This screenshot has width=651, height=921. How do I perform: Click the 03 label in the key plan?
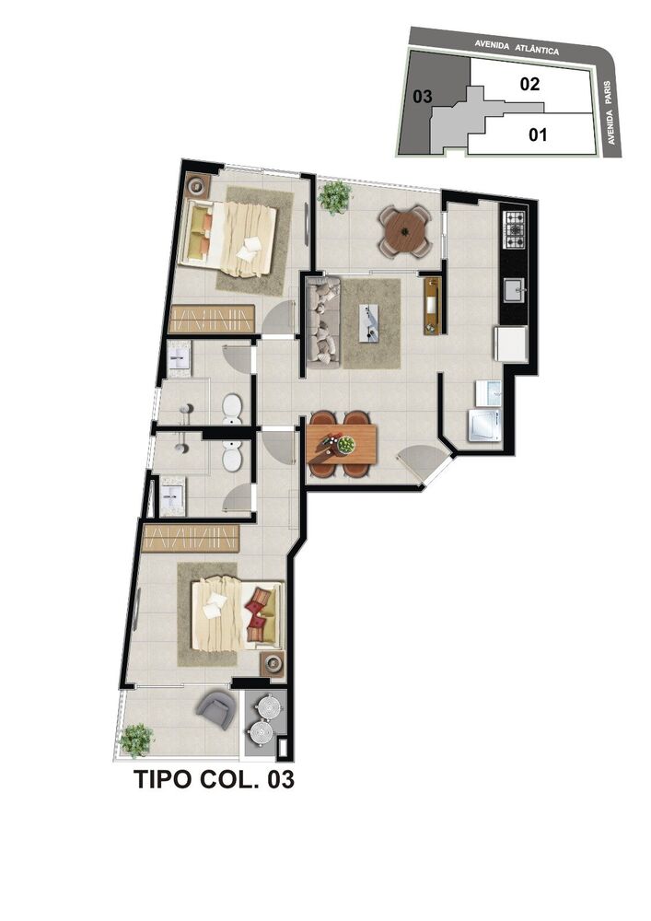(423, 96)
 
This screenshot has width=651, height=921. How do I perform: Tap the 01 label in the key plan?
(539, 135)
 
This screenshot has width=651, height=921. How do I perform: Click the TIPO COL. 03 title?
(214, 780)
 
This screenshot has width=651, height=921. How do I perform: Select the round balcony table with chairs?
(405, 230)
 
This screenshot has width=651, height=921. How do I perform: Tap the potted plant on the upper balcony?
(335, 196)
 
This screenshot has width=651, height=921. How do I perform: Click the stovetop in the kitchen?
(513, 227)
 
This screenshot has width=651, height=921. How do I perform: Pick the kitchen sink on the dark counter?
(512, 292)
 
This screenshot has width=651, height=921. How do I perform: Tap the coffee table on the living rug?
(371, 322)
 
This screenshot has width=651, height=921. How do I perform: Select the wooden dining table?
(342, 443)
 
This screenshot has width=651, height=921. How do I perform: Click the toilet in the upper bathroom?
(232, 405)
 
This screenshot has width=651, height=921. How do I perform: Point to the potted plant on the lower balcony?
(137, 739)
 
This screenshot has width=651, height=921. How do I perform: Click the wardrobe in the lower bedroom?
(192, 537)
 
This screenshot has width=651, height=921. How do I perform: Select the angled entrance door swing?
(424, 460)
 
